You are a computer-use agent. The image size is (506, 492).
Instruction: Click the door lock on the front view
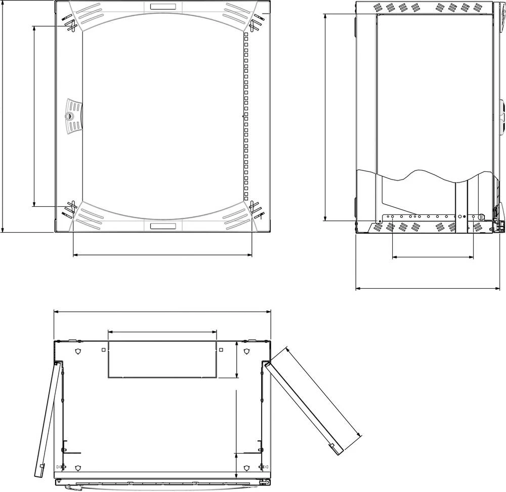point(69,116)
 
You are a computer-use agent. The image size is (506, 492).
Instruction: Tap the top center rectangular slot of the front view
point(163,7)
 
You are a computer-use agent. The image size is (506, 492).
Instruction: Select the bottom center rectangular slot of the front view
point(163,226)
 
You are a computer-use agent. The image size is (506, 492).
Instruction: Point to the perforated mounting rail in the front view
point(246,116)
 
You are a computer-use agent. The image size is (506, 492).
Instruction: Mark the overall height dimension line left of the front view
point(3,116)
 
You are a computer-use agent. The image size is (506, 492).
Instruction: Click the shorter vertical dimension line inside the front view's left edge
point(34,116)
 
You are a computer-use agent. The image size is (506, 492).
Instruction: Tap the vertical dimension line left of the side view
point(324,116)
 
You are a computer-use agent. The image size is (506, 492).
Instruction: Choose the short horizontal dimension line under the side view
point(433,257)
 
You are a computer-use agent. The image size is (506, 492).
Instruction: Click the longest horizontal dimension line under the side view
point(428,288)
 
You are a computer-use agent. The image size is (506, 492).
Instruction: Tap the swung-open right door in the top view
point(304,405)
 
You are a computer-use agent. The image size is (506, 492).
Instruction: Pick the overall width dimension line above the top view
point(162,311)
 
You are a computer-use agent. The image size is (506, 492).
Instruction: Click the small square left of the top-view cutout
point(103,349)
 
